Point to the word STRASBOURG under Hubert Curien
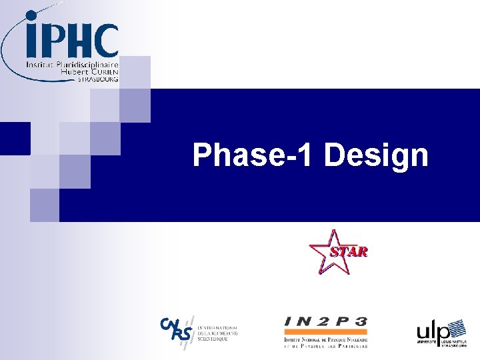[98, 79]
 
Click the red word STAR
[349, 252]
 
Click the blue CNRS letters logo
[175, 328]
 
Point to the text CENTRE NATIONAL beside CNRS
[216, 327]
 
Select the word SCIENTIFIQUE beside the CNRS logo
[212, 339]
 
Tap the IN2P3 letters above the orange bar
[325, 322]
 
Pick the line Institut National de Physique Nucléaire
[325, 339]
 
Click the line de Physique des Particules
[325, 347]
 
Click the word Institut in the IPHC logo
[39, 65]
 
